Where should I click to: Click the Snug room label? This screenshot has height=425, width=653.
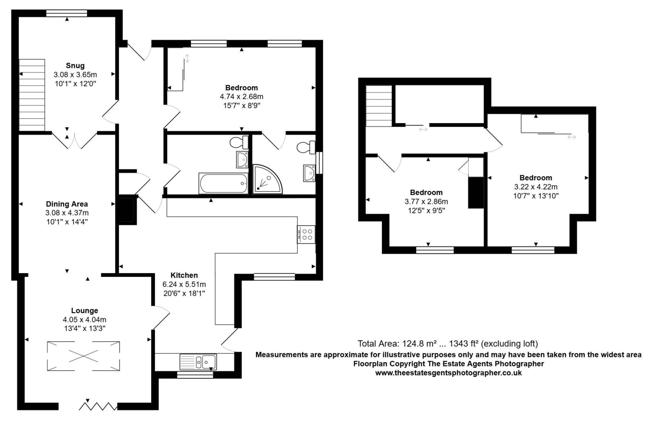tap(75, 66)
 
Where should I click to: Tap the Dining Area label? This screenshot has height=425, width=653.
tap(67, 204)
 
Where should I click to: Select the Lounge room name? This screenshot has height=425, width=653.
tap(84, 310)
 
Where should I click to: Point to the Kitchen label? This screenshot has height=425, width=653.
tap(184, 275)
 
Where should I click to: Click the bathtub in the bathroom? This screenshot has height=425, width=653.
tap(223, 183)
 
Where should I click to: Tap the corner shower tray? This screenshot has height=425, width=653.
tap(267, 179)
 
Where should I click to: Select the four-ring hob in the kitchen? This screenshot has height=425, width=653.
tap(306, 234)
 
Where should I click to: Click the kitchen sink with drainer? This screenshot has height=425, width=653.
tap(198, 362)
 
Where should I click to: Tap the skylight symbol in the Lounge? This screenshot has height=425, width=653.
tap(84, 356)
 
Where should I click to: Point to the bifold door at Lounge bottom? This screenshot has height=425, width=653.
tap(98, 406)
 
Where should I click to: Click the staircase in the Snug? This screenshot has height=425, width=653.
tap(32, 95)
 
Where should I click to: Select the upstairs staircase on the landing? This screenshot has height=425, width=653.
tap(379, 106)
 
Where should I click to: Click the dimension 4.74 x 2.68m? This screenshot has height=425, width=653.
tap(241, 96)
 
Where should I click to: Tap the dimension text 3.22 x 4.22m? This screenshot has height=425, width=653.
tap(536, 187)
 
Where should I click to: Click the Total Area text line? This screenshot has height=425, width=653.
tap(448, 344)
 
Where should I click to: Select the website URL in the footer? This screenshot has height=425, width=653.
tap(448, 373)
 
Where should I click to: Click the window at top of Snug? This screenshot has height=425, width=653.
tap(67, 13)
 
